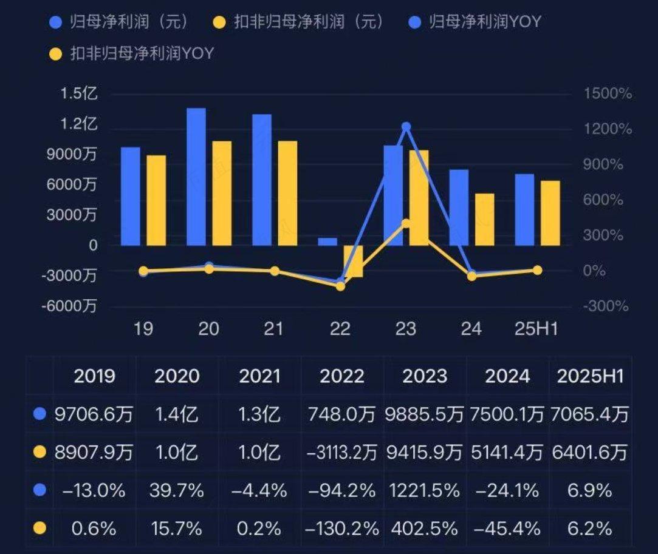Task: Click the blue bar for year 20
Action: (x=196, y=177)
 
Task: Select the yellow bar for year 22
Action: (x=353, y=261)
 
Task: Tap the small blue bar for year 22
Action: (x=327, y=242)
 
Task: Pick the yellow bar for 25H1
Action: (x=550, y=213)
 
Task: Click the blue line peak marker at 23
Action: (x=406, y=127)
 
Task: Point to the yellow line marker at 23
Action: (x=406, y=224)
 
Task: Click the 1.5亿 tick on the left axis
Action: (x=79, y=94)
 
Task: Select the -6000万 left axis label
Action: (x=69, y=306)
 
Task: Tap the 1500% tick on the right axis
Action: (x=608, y=94)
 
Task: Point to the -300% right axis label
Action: (x=606, y=306)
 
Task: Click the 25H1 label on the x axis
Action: (x=536, y=329)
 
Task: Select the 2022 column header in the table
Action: (x=341, y=376)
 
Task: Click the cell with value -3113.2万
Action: (x=342, y=452)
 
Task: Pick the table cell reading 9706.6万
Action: (x=94, y=415)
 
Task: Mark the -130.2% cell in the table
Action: (x=342, y=529)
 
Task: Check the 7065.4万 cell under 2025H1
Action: (x=590, y=415)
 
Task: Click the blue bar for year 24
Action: (x=459, y=207)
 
